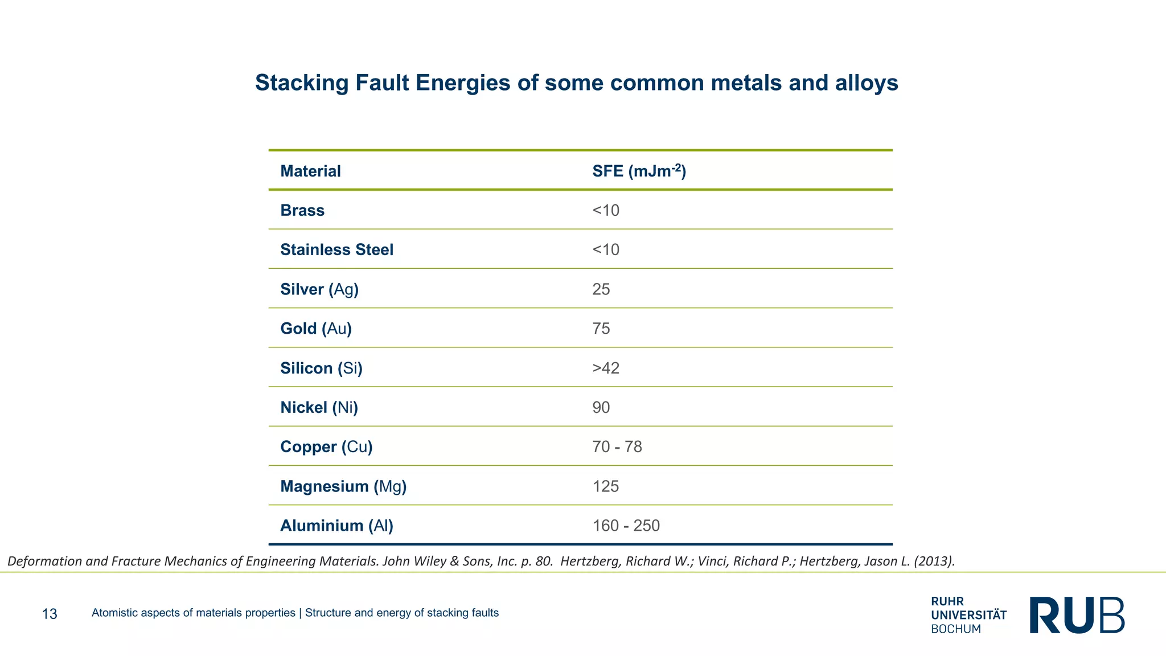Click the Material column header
click(310, 171)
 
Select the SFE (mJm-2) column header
click(639, 171)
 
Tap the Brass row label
click(302, 211)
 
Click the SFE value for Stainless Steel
click(605, 250)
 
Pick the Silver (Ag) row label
click(319, 289)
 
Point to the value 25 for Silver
click(601, 289)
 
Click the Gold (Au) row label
click(316, 329)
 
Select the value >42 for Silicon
click(605, 368)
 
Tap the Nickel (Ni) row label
click(319, 408)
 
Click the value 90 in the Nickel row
click(601, 408)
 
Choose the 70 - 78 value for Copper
click(617, 447)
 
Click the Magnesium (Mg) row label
click(343, 486)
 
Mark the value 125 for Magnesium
click(605, 486)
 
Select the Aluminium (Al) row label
click(336, 526)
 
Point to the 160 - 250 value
click(626, 526)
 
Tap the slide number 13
click(50, 614)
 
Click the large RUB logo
click(1077, 615)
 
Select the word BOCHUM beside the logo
click(956, 629)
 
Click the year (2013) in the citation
click(934, 561)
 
